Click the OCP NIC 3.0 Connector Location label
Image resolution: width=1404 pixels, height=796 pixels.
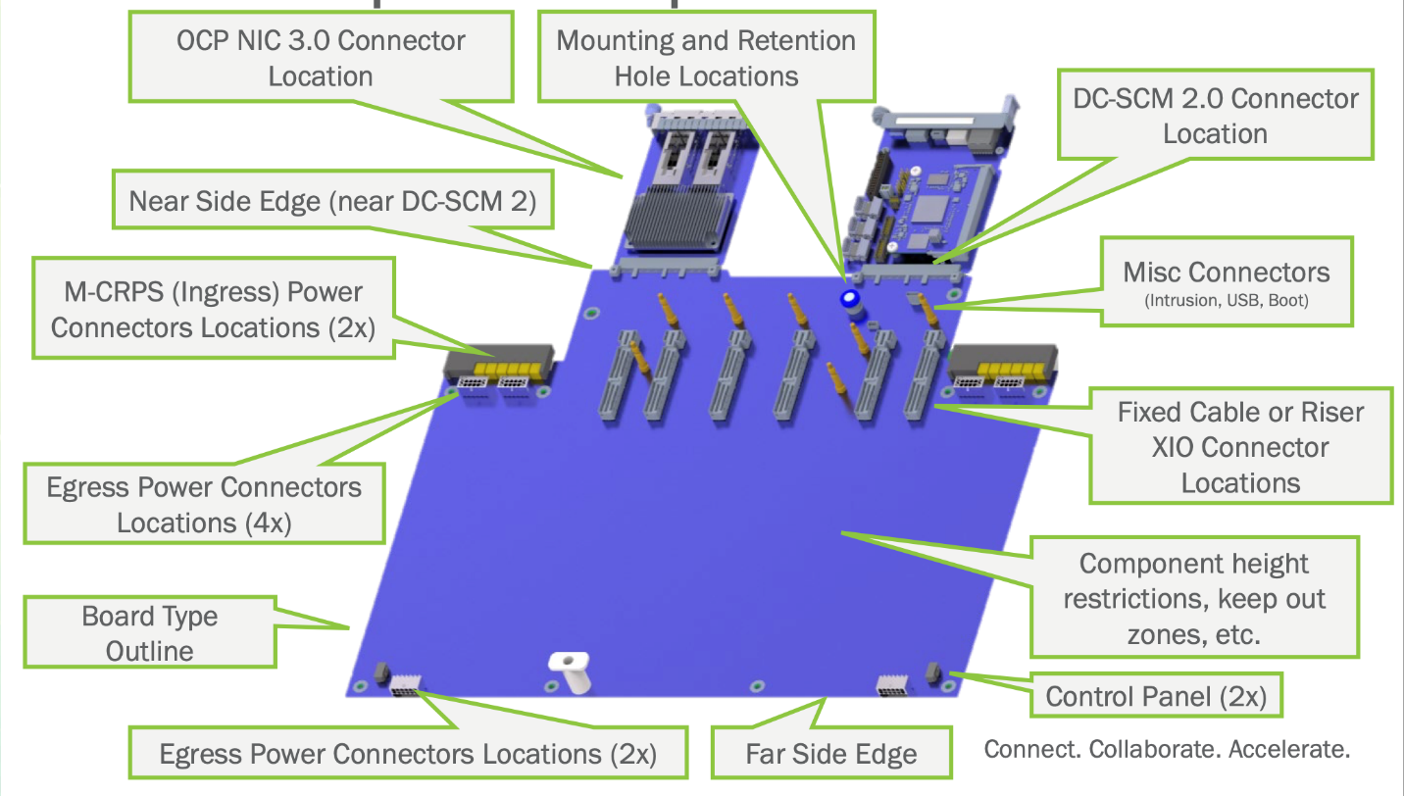tap(321, 58)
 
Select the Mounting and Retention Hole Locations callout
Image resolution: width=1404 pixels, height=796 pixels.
tap(706, 58)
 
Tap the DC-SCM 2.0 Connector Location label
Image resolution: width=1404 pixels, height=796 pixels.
tap(1216, 116)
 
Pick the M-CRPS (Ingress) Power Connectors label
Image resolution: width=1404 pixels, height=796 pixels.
tap(213, 309)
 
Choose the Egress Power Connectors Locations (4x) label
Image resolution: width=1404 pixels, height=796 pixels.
tap(204, 504)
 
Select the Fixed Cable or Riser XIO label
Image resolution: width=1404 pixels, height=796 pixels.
tap(1240, 447)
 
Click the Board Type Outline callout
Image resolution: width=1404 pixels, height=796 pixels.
tap(150, 633)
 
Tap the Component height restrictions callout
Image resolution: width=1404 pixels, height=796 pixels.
tap(1194, 598)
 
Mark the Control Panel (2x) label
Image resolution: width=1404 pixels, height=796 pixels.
tap(1156, 697)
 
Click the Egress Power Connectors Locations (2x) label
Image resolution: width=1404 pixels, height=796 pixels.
tap(408, 754)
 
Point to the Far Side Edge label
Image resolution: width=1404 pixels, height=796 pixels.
tap(830, 754)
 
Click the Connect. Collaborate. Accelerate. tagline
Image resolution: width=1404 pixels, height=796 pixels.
tap(1167, 750)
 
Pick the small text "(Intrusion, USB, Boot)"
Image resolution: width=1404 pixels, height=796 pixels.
tap(1226, 301)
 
